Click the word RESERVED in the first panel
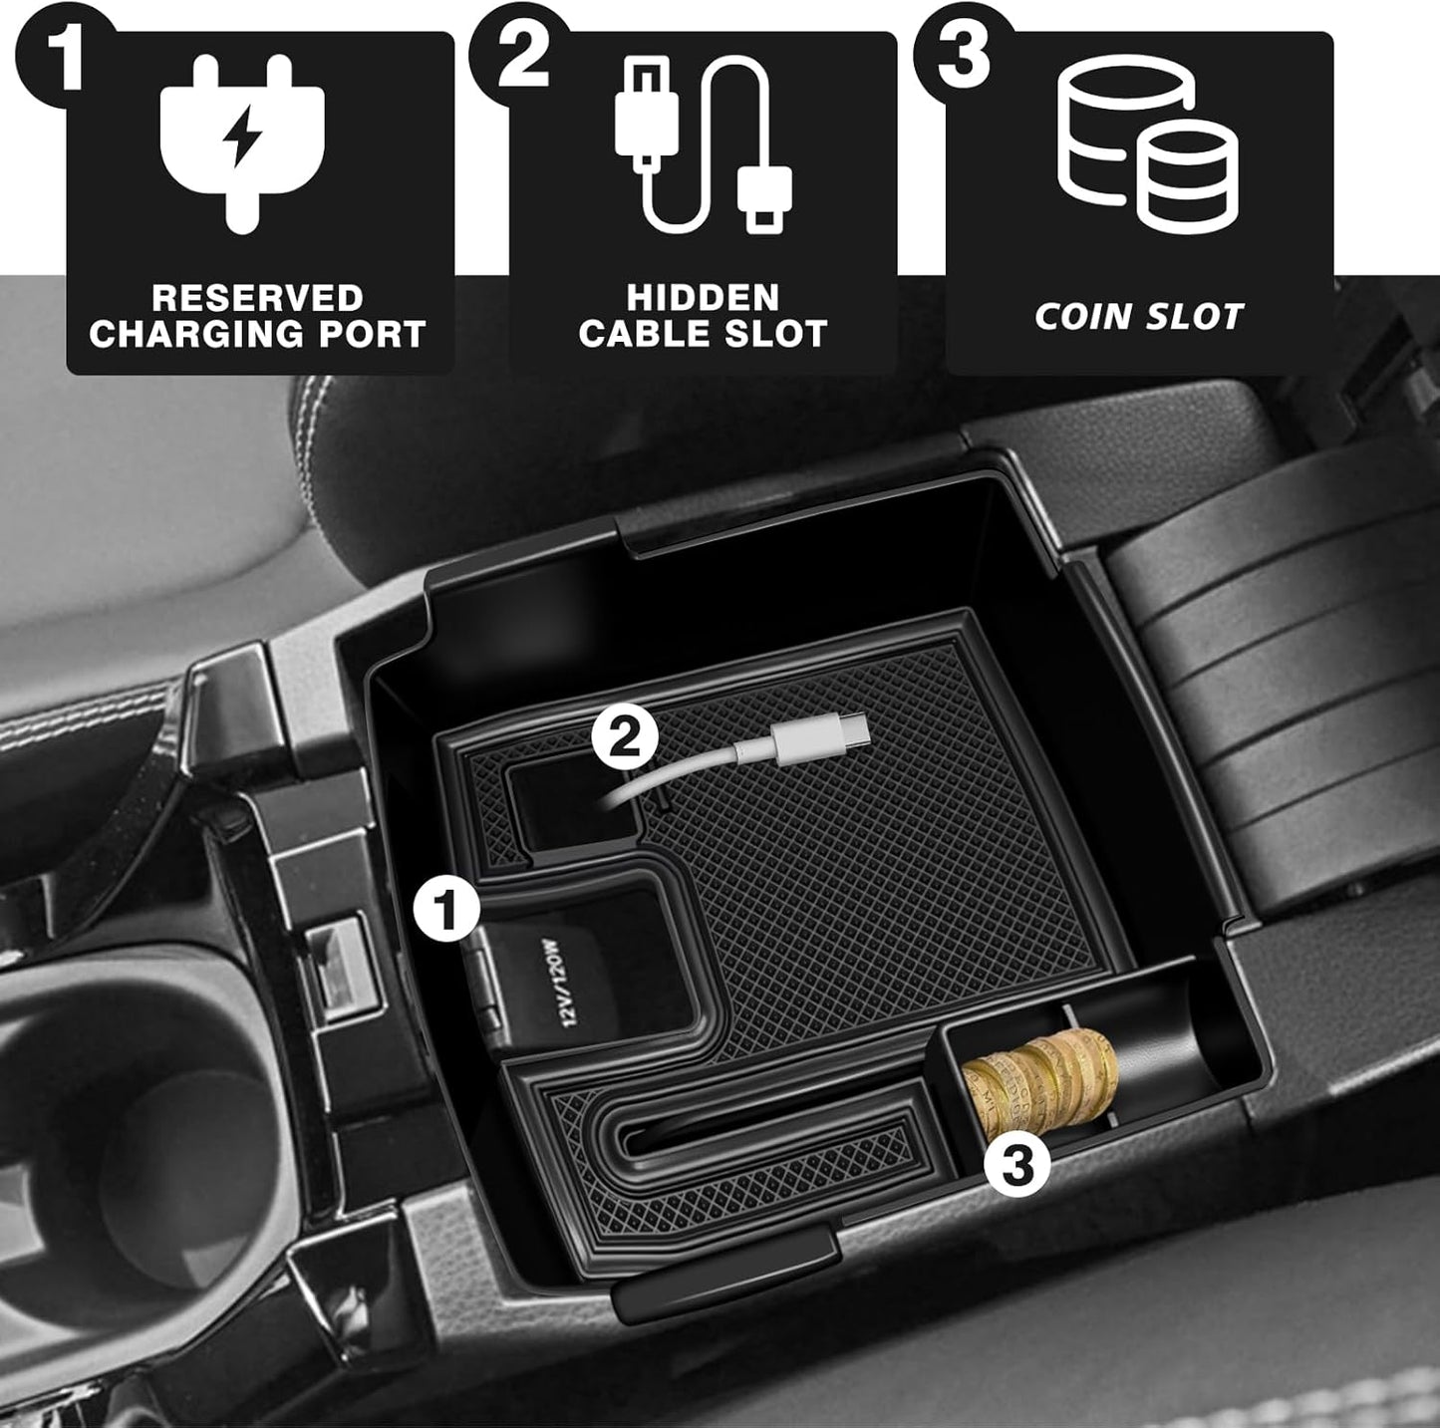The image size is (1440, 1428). coord(257,298)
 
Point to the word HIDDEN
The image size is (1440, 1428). coord(703,298)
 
